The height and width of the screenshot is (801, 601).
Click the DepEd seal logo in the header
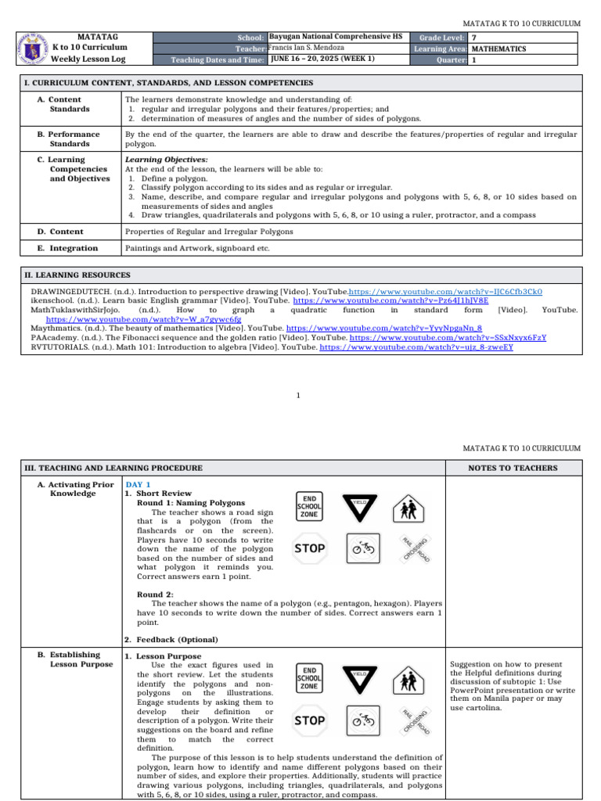tap(37, 48)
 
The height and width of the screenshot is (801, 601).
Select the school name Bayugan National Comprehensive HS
tap(334, 37)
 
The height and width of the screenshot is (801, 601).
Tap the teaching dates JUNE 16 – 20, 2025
tap(322, 59)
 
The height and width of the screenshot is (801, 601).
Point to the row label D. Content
tap(66, 232)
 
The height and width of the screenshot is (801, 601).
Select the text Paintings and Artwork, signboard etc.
tap(197, 248)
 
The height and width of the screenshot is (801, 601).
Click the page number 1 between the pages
tap(299, 396)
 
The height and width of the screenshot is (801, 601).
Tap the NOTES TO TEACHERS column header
tap(513, 468)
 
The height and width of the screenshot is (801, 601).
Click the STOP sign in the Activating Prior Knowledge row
tap(310, 548)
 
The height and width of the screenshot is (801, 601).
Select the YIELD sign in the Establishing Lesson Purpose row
tap(359, 679)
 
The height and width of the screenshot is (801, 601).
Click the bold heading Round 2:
tap(155, 594)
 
